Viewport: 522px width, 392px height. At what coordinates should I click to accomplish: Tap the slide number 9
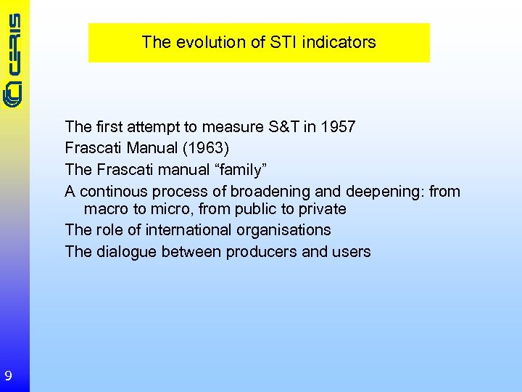click(x=8, y=375)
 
